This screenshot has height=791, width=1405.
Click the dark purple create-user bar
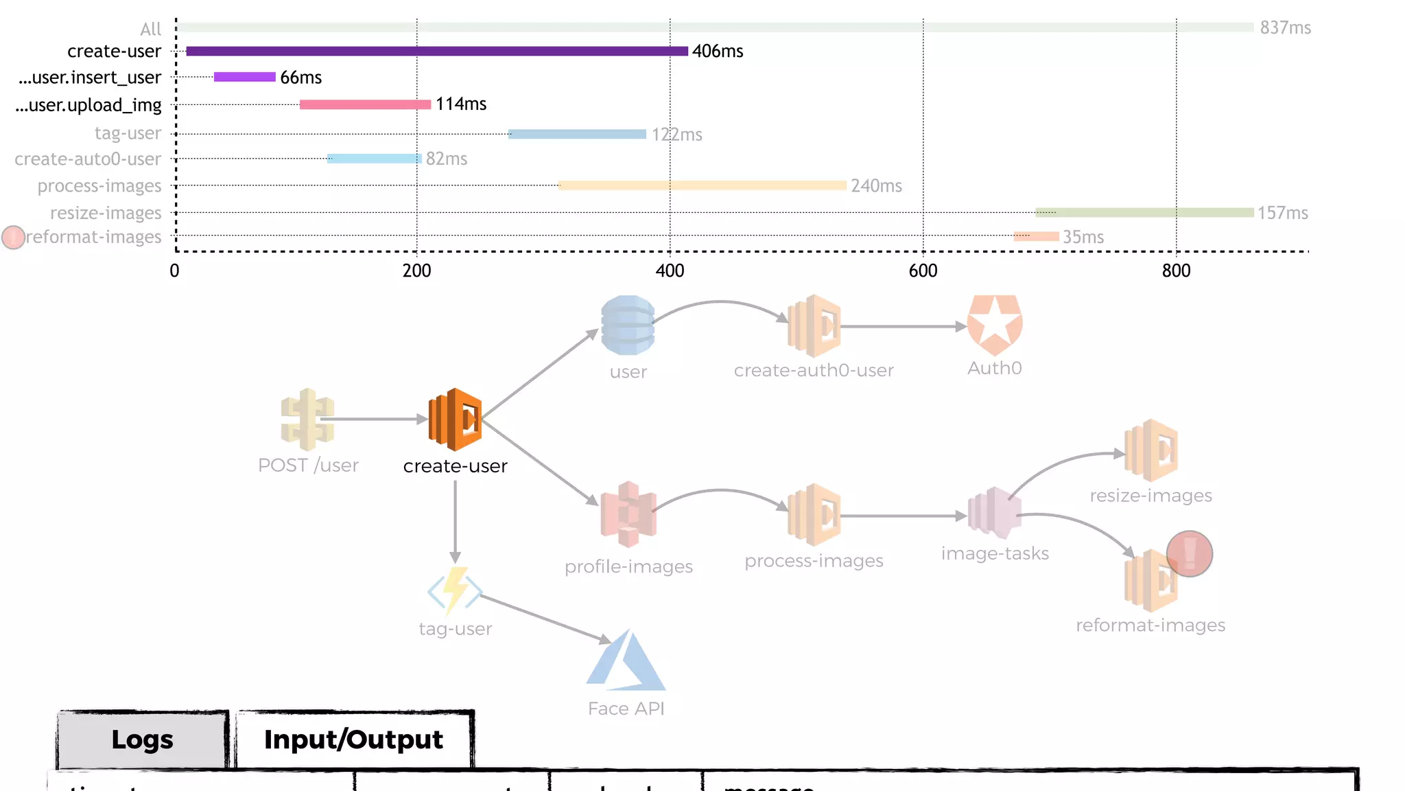436,51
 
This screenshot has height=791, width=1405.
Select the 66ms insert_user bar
244,77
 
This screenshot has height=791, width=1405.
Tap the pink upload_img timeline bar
365,104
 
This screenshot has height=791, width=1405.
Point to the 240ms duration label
876,186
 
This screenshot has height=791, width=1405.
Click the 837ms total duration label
1285,27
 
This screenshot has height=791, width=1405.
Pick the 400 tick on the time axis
670,271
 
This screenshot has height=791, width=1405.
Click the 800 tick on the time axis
1176,271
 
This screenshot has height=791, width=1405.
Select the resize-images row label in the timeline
106,213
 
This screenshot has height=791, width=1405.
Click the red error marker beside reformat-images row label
13,238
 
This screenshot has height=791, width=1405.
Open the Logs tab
142,740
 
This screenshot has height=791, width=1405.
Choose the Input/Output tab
353,740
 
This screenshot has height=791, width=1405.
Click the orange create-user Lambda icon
455,419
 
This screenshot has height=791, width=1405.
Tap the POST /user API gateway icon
307,419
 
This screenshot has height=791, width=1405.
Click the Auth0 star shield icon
995,325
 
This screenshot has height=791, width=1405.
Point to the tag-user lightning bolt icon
455,590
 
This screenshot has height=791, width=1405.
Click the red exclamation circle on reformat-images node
1189,553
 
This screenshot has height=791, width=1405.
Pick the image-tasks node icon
994,513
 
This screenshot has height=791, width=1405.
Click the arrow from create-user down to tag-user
455,522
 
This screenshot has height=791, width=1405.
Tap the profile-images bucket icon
628,514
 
